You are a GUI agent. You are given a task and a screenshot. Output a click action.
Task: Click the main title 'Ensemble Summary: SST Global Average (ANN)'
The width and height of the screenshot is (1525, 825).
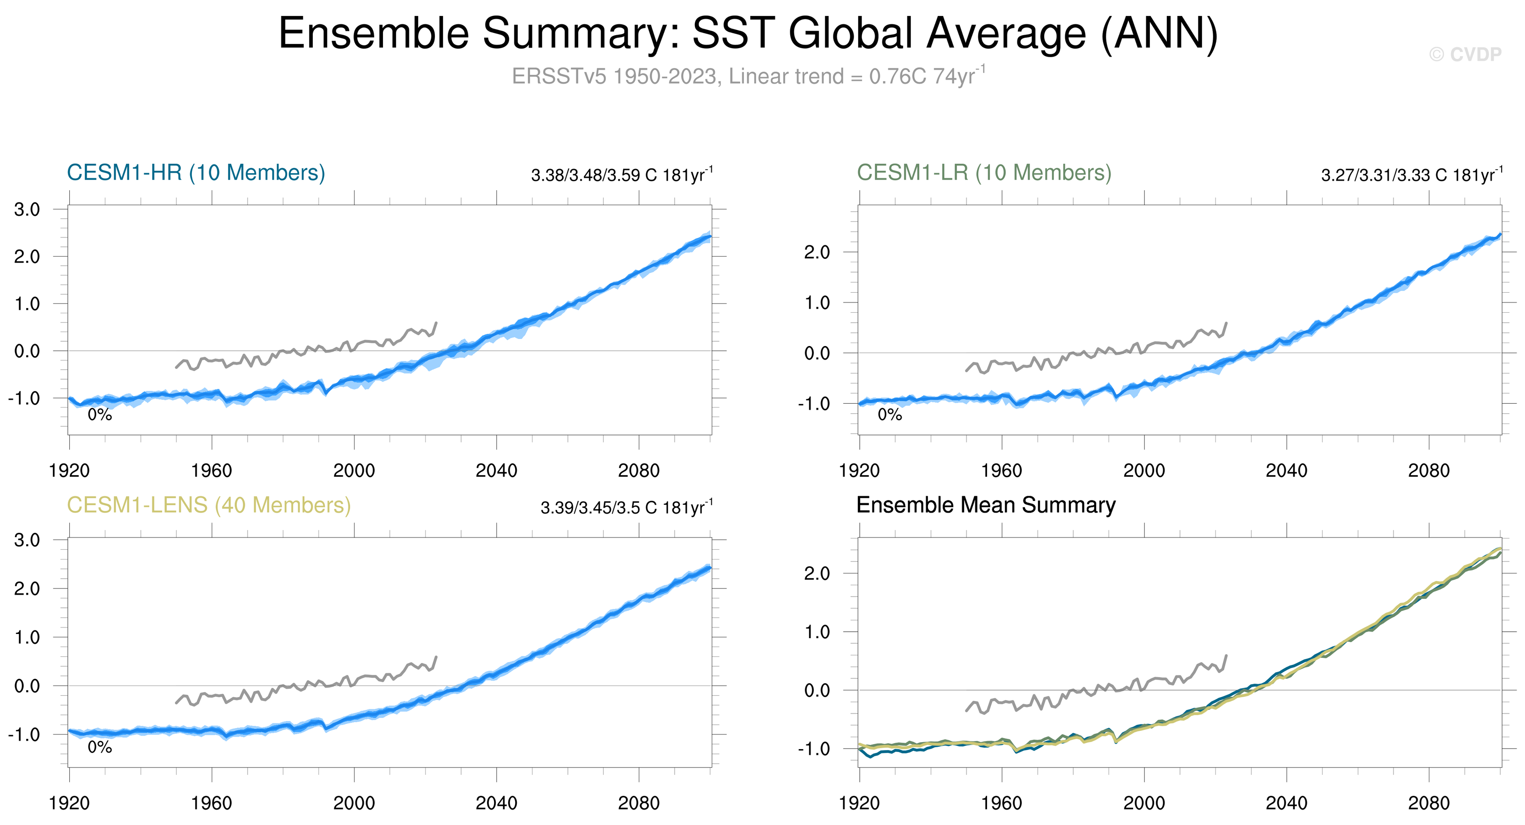(748, 33)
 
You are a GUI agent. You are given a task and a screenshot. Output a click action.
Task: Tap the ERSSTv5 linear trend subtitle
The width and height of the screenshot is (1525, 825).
(748, 76)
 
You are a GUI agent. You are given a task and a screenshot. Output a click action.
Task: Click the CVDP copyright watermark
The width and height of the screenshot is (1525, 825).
(1465, 54)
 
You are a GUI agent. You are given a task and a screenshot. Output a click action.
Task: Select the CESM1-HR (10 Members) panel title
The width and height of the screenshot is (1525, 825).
(196, 173)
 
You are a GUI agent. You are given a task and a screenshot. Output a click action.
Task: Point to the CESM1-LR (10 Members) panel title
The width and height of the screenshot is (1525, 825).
(984, 173)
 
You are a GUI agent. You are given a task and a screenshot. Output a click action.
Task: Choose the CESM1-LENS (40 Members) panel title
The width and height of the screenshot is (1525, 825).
(208, 505)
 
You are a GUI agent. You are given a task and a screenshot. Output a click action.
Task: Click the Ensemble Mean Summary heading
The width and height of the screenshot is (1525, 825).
(986, 505)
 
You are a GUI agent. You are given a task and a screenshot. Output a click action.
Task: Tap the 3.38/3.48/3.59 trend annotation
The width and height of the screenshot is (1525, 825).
(622, 175)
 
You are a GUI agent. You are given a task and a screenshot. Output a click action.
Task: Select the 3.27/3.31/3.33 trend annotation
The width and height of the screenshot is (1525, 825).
(1411, 175)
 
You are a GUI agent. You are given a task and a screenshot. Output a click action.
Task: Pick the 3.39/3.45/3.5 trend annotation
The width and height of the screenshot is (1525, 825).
(626, 508)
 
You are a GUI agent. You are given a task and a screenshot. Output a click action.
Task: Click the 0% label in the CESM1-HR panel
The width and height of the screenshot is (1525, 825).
(99, 415)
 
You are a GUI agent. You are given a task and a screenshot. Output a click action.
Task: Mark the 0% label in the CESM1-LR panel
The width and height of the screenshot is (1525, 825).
(889, 415)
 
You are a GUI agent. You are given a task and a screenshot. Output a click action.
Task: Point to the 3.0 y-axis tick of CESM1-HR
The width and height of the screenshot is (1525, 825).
(27, 209)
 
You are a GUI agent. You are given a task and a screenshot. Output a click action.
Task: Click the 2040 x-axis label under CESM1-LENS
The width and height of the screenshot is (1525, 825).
(496, 803)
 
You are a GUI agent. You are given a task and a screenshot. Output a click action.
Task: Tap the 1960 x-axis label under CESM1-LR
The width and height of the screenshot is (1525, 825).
(1001, 471)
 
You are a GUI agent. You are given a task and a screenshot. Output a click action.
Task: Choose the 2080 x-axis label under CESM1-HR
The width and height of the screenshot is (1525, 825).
(638, 471)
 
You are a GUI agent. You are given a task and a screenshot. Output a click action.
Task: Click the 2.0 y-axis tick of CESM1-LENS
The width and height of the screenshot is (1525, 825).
(27, 589)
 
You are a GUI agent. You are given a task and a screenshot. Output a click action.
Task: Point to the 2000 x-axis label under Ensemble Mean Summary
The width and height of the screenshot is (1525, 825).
(1144, 803)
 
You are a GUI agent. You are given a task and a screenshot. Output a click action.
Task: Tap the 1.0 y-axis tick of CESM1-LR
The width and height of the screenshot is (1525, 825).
(817, 303)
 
